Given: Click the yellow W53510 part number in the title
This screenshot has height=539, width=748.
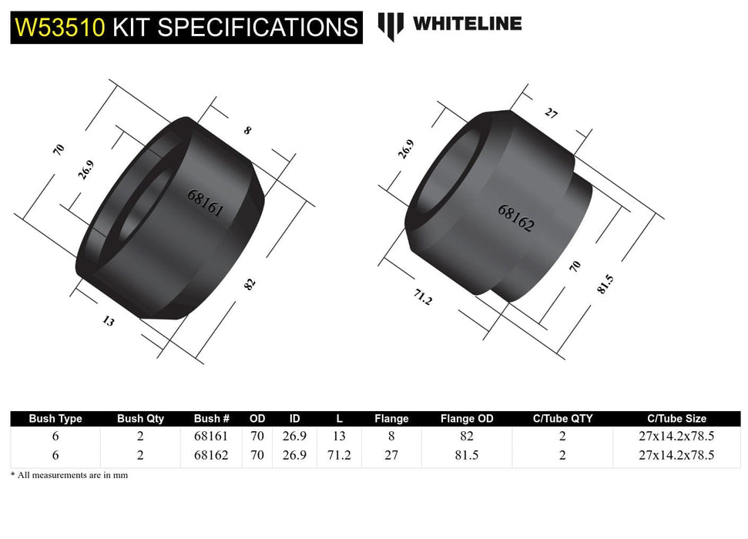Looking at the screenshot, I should click(60, 27).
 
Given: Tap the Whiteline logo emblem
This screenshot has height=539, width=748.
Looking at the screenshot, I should click(391, 25).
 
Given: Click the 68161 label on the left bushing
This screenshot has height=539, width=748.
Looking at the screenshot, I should click(205, 203).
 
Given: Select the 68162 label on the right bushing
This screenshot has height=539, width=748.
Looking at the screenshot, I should click(516, 219).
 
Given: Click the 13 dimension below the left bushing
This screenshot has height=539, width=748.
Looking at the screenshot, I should click(108, 321).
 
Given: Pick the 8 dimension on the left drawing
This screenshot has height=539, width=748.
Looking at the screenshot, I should click(247, 131).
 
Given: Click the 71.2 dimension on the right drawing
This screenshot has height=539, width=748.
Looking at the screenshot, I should click(422, 298).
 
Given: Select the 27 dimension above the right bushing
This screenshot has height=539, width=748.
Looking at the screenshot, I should click(551, 113).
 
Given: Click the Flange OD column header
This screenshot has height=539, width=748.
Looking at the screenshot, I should click(467, 419).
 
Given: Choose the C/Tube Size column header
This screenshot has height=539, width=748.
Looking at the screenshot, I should click(676, 419).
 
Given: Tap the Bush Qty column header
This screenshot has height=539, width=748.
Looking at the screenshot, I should click(140, 419).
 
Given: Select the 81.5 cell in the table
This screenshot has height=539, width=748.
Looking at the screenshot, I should click(467, 455).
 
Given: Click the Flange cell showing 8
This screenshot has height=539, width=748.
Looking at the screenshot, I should click(391, 437).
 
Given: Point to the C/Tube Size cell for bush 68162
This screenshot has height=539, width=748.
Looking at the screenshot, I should click(676, 455).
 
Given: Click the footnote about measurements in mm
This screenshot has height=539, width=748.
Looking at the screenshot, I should click(69, 475).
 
